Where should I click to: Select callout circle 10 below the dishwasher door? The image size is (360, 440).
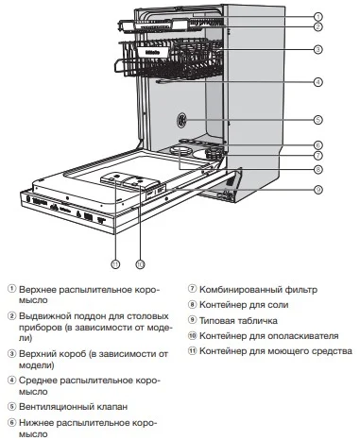pos(139,263)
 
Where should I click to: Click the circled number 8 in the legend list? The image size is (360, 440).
pos(191,305)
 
